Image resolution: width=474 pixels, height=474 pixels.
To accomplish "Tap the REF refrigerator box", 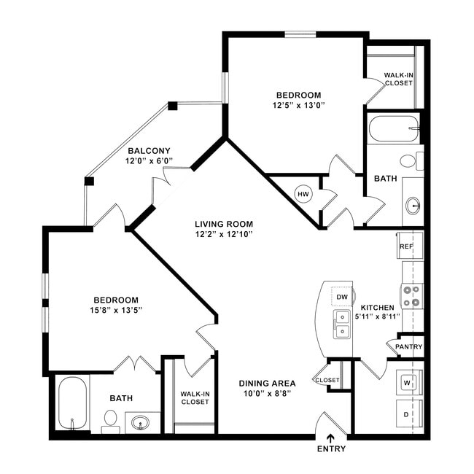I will click(407, 247).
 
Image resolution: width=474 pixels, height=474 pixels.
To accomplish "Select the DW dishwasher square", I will click(341, 297).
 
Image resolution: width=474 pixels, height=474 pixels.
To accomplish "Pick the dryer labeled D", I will click(407, 413).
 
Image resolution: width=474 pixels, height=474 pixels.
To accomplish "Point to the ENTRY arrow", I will click(330, 438).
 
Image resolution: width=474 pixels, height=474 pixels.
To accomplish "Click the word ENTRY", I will click(330, 449).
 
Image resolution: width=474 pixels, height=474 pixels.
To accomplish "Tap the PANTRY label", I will click(408, 346).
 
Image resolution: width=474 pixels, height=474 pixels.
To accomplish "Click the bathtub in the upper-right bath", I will click(394, 129).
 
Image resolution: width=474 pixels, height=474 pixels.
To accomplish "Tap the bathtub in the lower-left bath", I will click(71, 403).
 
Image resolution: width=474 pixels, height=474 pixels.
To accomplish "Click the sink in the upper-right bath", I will click(413, 206).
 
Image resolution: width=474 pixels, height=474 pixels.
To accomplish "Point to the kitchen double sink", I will click(341, 325).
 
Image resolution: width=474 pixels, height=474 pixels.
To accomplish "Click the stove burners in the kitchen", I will click(412, 295).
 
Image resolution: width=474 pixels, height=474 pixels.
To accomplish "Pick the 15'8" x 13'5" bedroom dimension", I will click(116, 310).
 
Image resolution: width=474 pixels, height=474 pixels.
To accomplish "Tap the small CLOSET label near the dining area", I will click(327, 380).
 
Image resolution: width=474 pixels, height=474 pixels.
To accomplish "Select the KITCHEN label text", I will click(377, 308).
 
